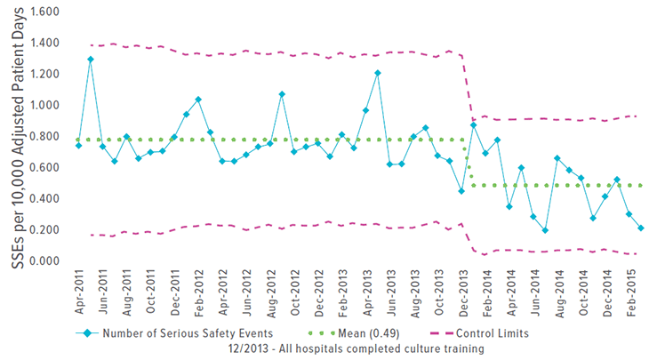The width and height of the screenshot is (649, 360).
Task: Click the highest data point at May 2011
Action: [x=91, y=60]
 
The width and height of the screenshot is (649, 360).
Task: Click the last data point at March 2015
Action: [x=640, y=228]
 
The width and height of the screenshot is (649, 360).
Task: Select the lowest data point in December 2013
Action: [x=461, y=191]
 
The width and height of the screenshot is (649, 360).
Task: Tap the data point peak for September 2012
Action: [x=282, y=94]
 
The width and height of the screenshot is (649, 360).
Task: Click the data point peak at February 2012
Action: [x=198, y=100]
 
